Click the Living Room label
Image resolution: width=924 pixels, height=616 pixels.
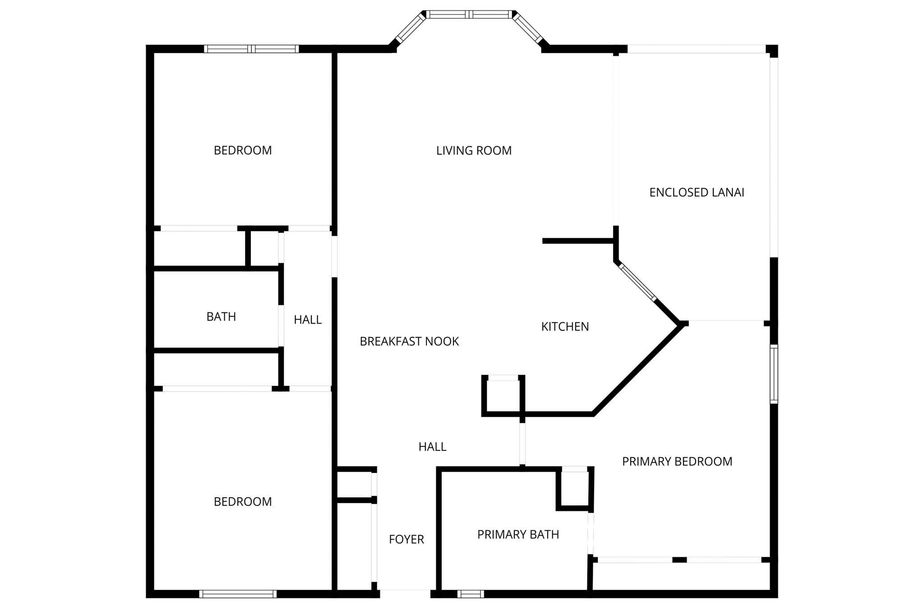point(474,150)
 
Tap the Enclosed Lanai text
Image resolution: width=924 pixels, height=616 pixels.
point(696,192)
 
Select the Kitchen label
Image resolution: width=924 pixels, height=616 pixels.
point(565,326)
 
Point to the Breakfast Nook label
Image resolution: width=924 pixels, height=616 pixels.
point(409,341)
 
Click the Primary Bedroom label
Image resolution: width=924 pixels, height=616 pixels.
point(677,461)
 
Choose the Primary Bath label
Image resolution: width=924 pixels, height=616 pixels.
point(518,534)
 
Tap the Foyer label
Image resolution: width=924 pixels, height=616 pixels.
point(406,539)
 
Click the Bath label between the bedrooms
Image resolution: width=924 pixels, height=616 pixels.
point(221,317)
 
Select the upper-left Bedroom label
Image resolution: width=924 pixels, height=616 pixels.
point(243,150)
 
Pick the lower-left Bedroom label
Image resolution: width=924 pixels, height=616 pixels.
point(243,501)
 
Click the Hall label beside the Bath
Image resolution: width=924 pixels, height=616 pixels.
point(308,320)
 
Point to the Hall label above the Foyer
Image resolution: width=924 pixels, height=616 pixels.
point(432,447)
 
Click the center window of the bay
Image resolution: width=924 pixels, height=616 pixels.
point(469,14)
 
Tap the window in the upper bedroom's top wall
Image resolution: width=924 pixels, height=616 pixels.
point(251,49)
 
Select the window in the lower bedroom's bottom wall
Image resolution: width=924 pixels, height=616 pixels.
point(238,594)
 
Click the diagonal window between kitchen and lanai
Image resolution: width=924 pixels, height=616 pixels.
point(638,283)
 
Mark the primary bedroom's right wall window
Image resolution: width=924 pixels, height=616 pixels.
point(774,374)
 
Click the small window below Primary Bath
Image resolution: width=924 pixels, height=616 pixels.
point(470,594)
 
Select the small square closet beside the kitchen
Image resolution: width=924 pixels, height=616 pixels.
point(503,395)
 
